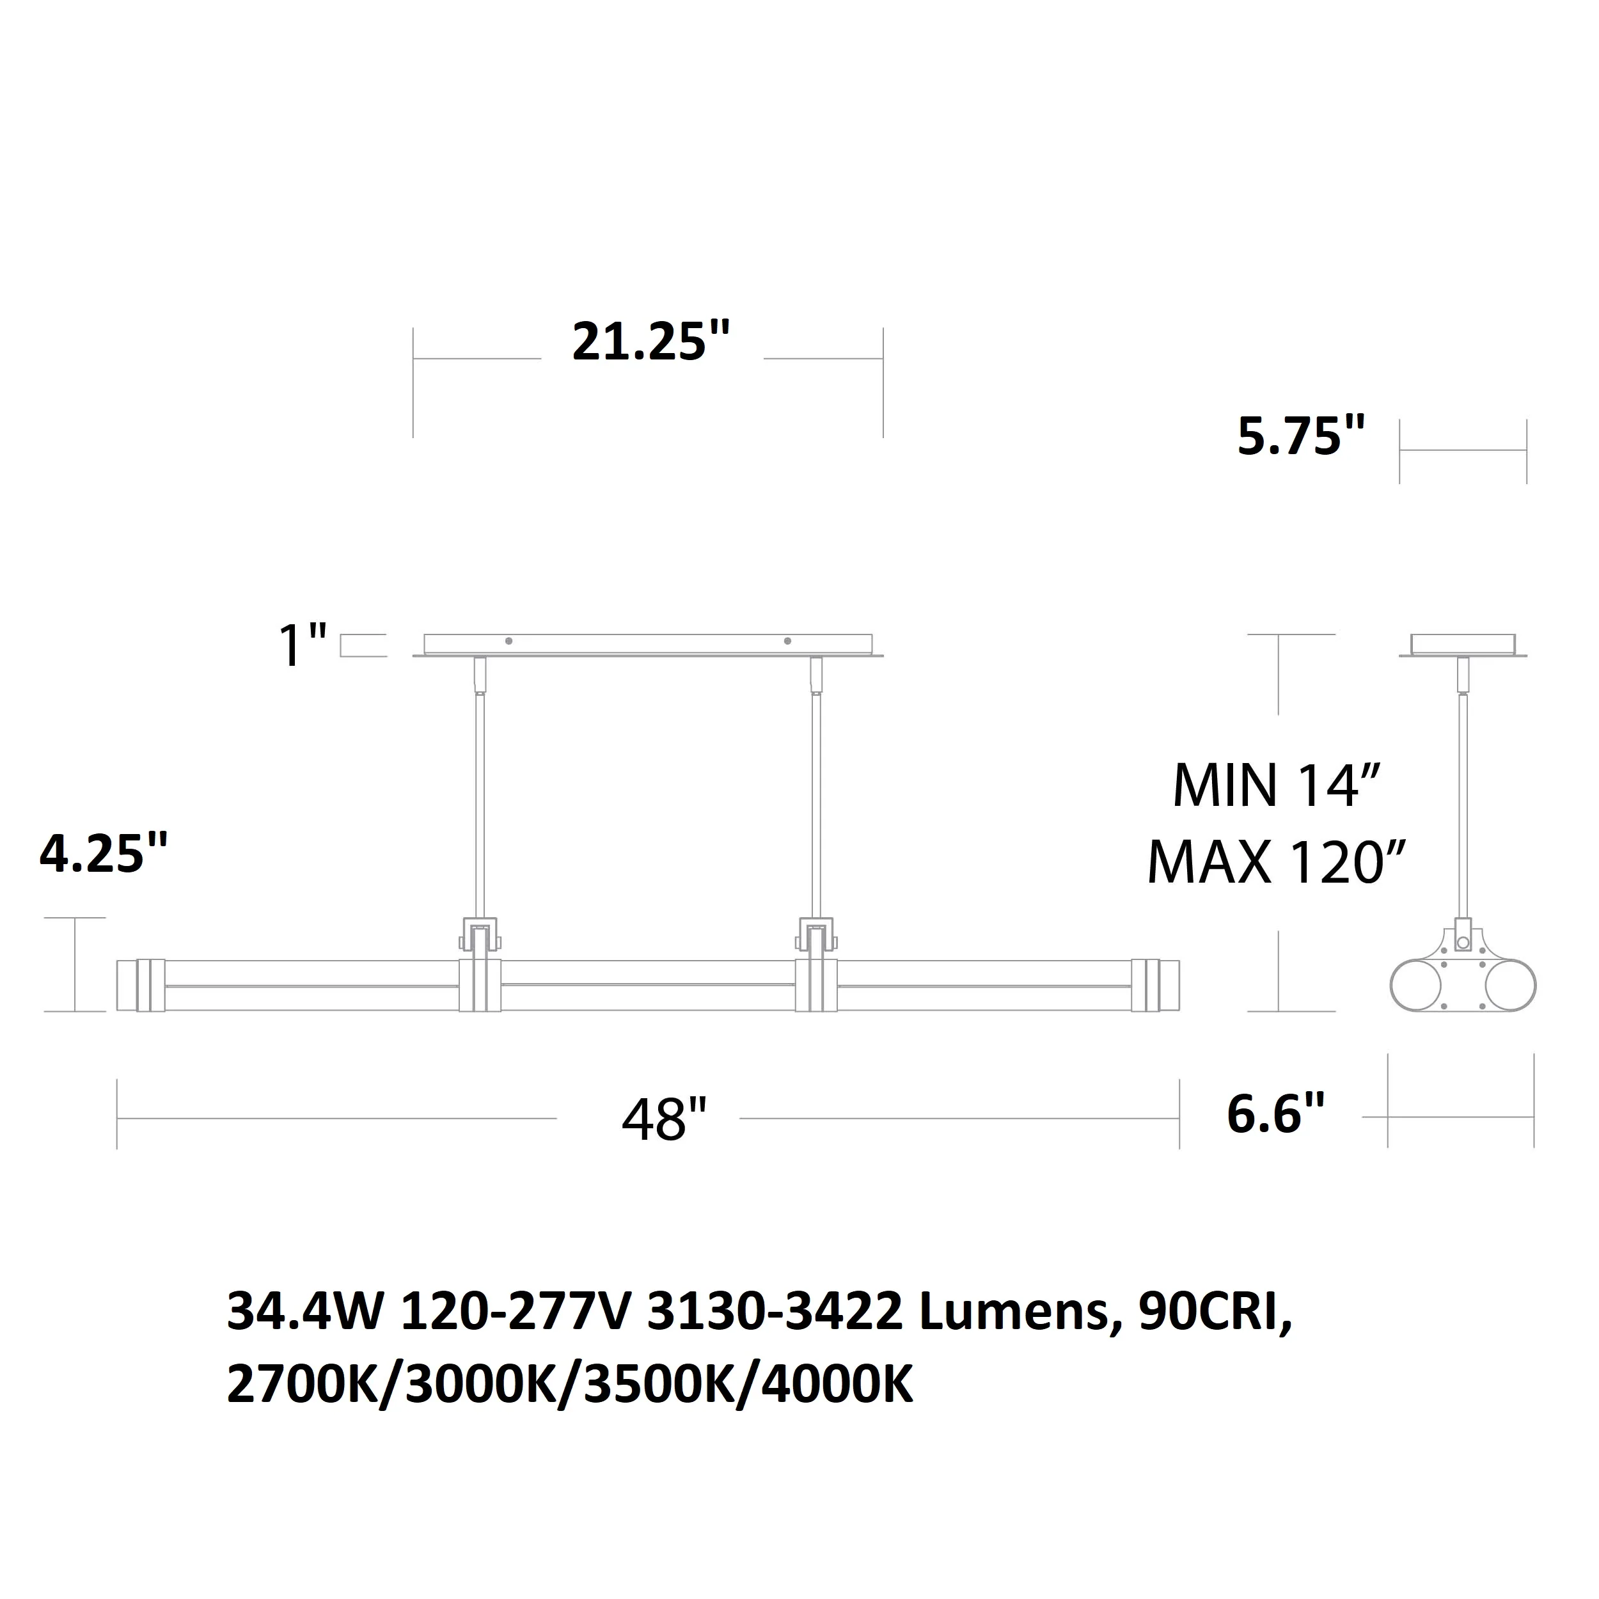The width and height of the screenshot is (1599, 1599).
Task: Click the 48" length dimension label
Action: (664, 1121)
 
